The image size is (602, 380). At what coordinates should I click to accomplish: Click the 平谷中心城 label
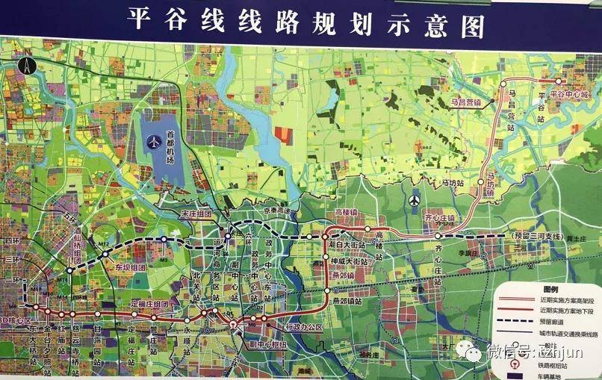point(570,95)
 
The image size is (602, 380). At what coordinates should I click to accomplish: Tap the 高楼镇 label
point(348,213)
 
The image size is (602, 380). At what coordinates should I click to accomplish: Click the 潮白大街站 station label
point(347,244)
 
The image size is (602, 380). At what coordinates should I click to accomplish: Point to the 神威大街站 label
point(350,262)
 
